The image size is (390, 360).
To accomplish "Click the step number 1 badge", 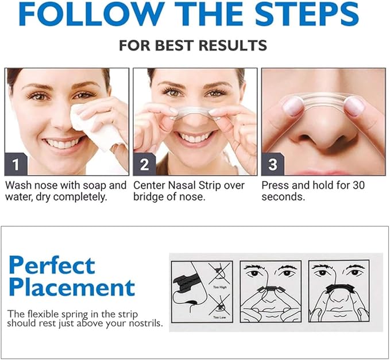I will coord(16,165).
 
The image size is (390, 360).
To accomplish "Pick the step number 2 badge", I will coord(144,165).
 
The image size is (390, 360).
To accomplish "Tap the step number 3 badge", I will coord(273,165).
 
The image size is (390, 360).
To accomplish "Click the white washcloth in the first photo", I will coord(98,123).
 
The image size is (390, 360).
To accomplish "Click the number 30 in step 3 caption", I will coord(354,185).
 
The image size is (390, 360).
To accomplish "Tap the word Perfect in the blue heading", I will coord(52,265).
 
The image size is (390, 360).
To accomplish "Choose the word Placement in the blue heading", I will coord(72,287).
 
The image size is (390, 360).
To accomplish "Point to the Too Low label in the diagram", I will coord(219,317).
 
